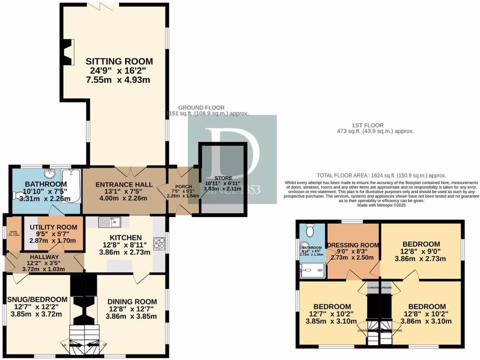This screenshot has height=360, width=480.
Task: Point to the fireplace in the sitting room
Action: click(x=68, y=52)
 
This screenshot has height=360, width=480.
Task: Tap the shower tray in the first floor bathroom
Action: click(x=312, y=268)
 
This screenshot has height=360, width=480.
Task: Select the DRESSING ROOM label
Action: click(x=353, y=245)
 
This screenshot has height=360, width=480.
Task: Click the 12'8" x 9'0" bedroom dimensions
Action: click(x=421, y=251)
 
